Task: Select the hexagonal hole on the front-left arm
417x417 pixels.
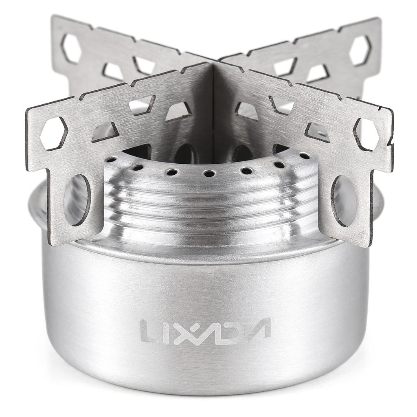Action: coord(53,133)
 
